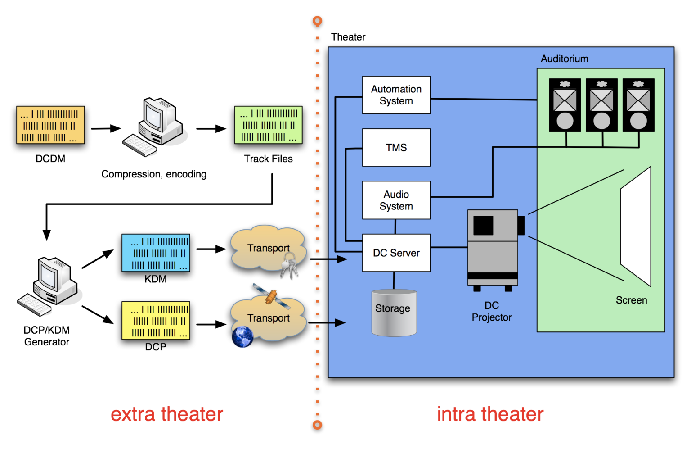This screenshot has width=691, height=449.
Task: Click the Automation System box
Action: pos(396,95)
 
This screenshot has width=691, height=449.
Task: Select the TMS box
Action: pos(396,148)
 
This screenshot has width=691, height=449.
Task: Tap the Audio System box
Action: pos(396,200)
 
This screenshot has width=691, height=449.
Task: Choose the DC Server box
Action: pos(396,253)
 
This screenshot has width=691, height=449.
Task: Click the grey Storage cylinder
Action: pos(394,313)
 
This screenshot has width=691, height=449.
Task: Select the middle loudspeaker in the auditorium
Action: pos(601,105)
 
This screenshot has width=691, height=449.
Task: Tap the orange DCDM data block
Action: pos(50,125)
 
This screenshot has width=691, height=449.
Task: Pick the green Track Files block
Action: pos(268,125)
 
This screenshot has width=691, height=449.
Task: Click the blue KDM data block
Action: pos(156,253)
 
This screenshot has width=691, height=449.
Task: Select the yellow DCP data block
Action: pos(156,320)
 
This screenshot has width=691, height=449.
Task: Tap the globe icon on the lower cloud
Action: pos(242,337)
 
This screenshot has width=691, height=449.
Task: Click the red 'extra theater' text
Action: pos(166,414)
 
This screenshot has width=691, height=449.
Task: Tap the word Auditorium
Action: pos(564,59)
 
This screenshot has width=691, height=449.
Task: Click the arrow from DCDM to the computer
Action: pos(106,128)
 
